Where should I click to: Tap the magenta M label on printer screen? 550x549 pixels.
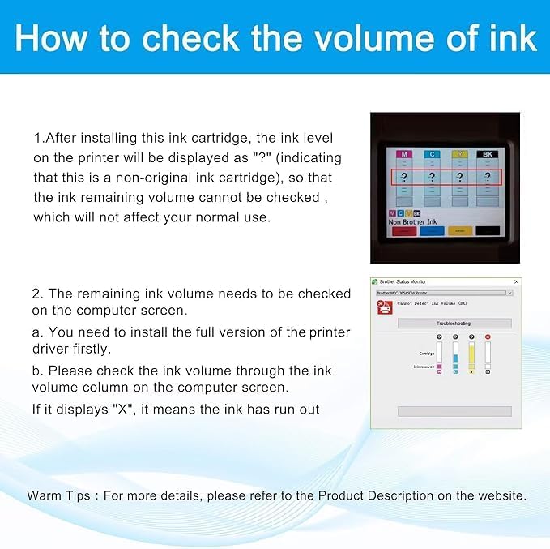tap(403, 153)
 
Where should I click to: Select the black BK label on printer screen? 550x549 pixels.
tap(487, 153)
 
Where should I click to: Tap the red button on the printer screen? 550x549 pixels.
tap(403, 231)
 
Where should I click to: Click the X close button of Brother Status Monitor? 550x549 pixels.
tap(516, 281)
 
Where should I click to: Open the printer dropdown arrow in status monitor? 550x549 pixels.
tap(509, 292)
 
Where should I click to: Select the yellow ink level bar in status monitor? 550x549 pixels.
tap(471, 356)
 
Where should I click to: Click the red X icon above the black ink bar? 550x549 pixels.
tap(488, 337)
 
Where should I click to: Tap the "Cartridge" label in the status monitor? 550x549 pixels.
tap(426, 354)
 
